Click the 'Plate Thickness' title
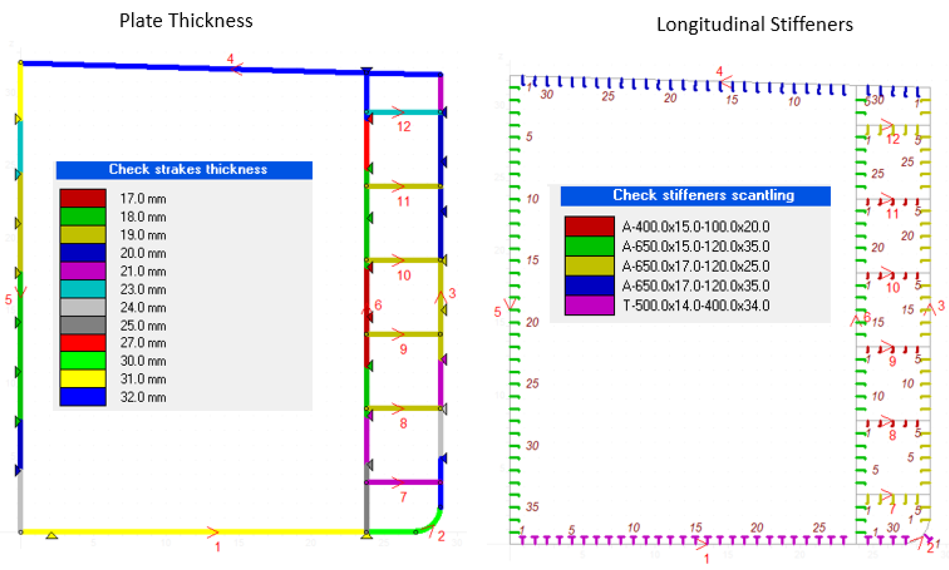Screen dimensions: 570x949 [186, 21]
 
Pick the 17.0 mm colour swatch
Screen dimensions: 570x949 [83, 198]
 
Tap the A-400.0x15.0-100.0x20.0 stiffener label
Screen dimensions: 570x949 [696, 227]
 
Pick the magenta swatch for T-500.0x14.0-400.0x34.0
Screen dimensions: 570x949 [589, 305]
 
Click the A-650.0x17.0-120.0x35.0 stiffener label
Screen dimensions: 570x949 [696, 286]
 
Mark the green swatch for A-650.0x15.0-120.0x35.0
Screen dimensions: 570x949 [589, 246]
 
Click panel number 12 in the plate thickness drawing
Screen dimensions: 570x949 [404, 126]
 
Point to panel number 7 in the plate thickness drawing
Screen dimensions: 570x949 [403, 497]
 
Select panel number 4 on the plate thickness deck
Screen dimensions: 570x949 [230, 59]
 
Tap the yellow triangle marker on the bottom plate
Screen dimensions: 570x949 [51, 535]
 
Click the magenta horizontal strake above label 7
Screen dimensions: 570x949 [404, 482]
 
